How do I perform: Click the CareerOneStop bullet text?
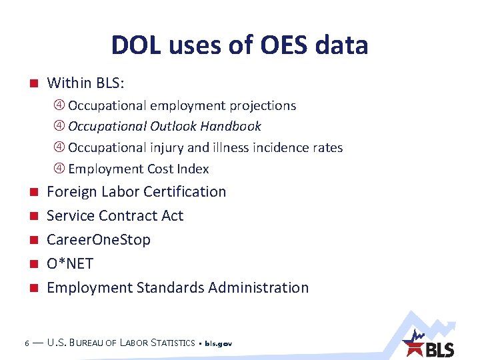[99, 239]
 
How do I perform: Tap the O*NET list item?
[70, 263]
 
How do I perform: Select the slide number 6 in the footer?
[25, 343]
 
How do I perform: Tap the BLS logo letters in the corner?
[440, 349]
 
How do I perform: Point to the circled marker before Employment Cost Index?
[59, 169]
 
